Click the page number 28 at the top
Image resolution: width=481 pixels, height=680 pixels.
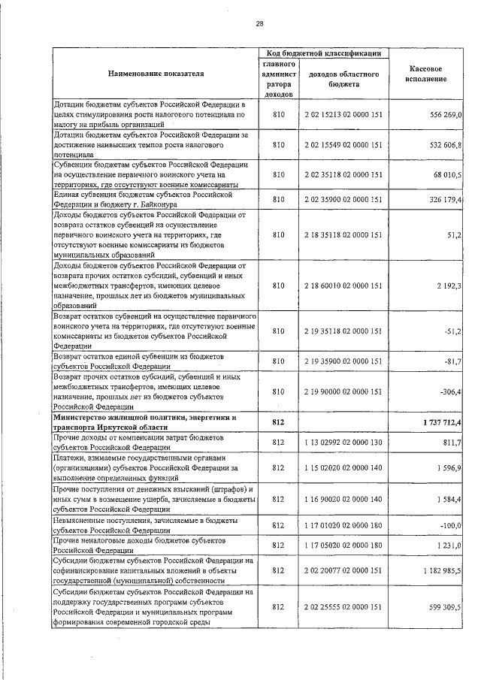point(259,23)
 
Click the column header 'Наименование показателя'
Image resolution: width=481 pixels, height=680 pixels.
point(156,74)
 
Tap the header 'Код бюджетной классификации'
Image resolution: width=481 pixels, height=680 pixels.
point(322,53)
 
